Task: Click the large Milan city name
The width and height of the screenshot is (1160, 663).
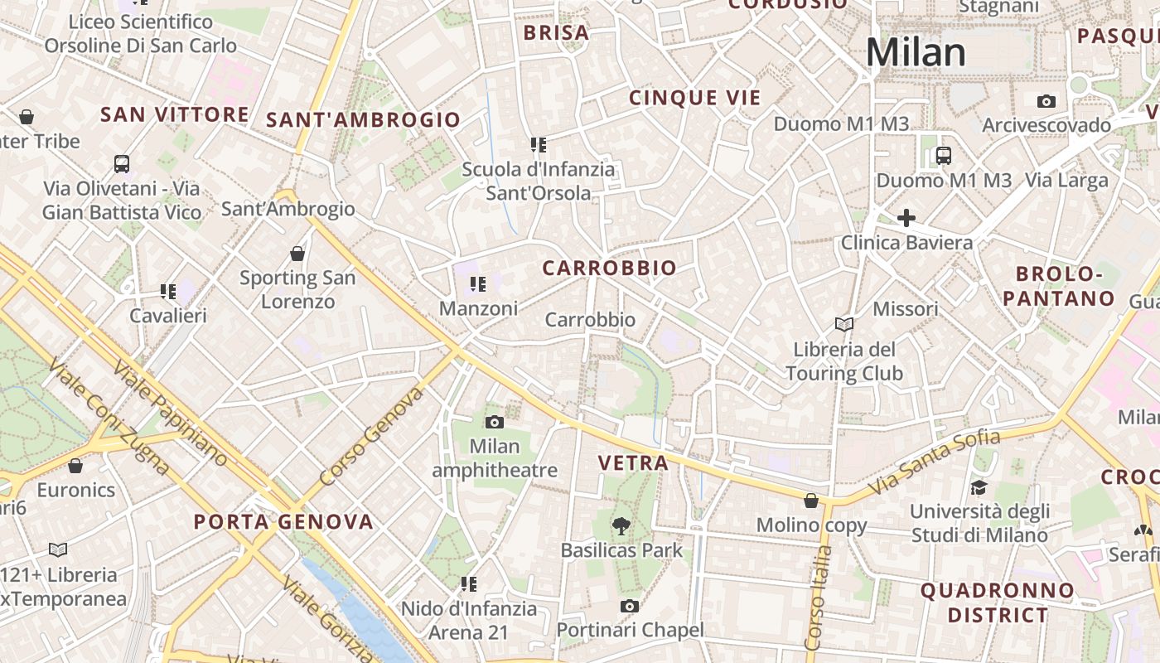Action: pos(916,52)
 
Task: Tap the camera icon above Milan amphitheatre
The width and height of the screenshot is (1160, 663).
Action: pos(495,422)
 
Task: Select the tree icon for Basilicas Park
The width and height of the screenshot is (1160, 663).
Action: pos(621,525)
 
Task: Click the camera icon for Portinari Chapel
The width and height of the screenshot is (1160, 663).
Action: pos(630,606)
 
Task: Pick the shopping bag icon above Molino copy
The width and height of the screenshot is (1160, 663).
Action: pos(811,500)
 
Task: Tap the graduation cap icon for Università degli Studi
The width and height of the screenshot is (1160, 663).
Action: pos(979,486)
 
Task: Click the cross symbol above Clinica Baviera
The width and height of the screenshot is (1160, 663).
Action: pos(906,218)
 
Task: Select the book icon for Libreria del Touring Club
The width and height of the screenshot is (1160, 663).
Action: pos(844,324)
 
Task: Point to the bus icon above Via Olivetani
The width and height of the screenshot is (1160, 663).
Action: pos(122,163)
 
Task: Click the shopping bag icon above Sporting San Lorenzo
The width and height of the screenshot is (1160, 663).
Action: pos(297,253)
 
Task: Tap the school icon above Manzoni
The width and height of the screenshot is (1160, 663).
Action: pos(477,284)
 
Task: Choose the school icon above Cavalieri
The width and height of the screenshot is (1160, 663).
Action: pos(168,291)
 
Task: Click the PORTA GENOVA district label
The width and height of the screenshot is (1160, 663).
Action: pos(283,522)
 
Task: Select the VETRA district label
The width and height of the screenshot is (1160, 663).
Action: pos(633,463)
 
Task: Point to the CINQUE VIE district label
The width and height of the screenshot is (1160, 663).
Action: pos(694,98)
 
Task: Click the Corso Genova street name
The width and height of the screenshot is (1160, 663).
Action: pos(370,437)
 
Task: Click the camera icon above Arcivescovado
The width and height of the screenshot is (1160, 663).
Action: pos(1046,101)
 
